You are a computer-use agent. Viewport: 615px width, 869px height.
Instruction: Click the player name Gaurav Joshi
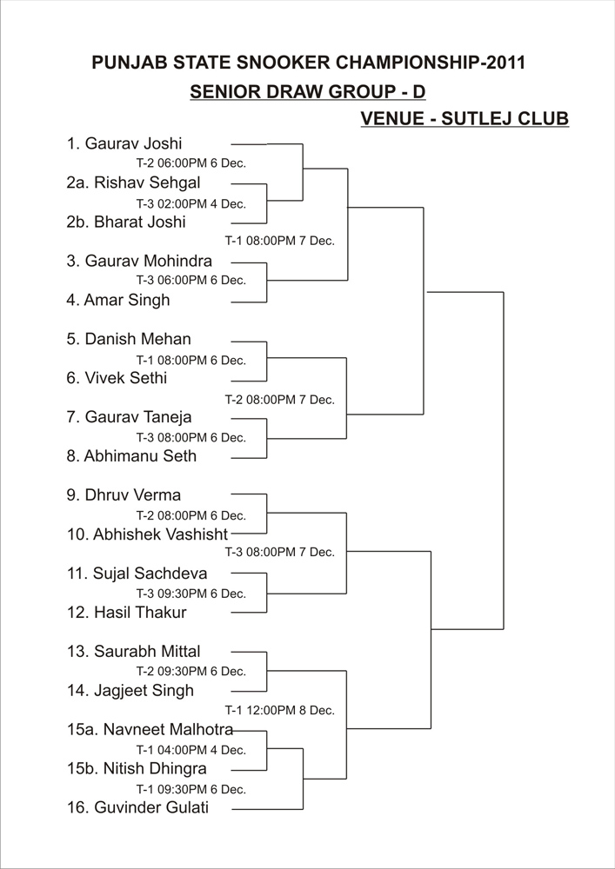click(x=133, y=144)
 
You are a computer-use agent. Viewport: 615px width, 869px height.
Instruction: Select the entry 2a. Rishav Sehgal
click(x=134, y=182)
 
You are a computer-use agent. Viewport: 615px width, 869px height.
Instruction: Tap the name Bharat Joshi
click(x=140, y=222)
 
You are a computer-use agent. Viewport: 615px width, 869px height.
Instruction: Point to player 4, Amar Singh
click(x=118, y=301)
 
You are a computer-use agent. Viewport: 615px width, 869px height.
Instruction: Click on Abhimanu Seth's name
click(x=140, y=456)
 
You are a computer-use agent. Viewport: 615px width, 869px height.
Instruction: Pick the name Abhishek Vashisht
click(x=161, y=534)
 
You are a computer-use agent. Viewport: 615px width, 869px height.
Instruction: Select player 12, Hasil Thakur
click(x=126, y=613)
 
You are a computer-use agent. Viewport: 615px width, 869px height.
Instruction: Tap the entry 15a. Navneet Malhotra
click(x=150, y=729)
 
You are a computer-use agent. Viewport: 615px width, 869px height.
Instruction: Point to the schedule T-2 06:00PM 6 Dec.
click(x=191, y=163)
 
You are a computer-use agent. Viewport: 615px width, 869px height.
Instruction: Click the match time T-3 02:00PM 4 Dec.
click(x=191, y=203)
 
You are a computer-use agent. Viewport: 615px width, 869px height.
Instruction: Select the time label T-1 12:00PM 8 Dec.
click(x=279, y=710)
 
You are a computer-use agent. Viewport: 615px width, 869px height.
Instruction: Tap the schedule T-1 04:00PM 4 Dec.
click(x=191, y=751)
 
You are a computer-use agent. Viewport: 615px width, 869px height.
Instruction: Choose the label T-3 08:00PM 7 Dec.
click(x=279, y=553)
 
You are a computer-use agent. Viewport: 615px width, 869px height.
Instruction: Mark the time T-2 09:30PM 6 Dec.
click(x=191, y=671)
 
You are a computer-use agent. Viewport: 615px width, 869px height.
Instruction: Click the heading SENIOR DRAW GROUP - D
click(x=308, y=91)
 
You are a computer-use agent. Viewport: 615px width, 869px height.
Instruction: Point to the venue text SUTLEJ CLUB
click(x=505, y=118)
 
